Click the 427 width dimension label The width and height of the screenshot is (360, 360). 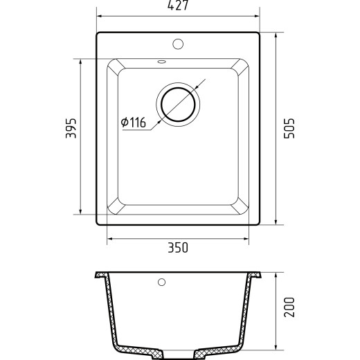tap(178, 5)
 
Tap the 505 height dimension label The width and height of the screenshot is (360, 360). tap(289, 128)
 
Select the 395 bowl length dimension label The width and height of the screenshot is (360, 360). tap(71, 128)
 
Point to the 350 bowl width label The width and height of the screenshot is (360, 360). tap(178, 248)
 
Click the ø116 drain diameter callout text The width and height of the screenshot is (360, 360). tap(134, 123)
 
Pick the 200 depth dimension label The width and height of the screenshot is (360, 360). tap(289, 307)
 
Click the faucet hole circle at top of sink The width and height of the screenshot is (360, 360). tap(178, 44)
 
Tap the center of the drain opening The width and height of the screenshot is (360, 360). tap(178, 105)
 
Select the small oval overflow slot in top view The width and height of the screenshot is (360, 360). tap(161, 62)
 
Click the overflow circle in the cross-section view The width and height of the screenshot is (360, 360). tap(161, 282)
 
